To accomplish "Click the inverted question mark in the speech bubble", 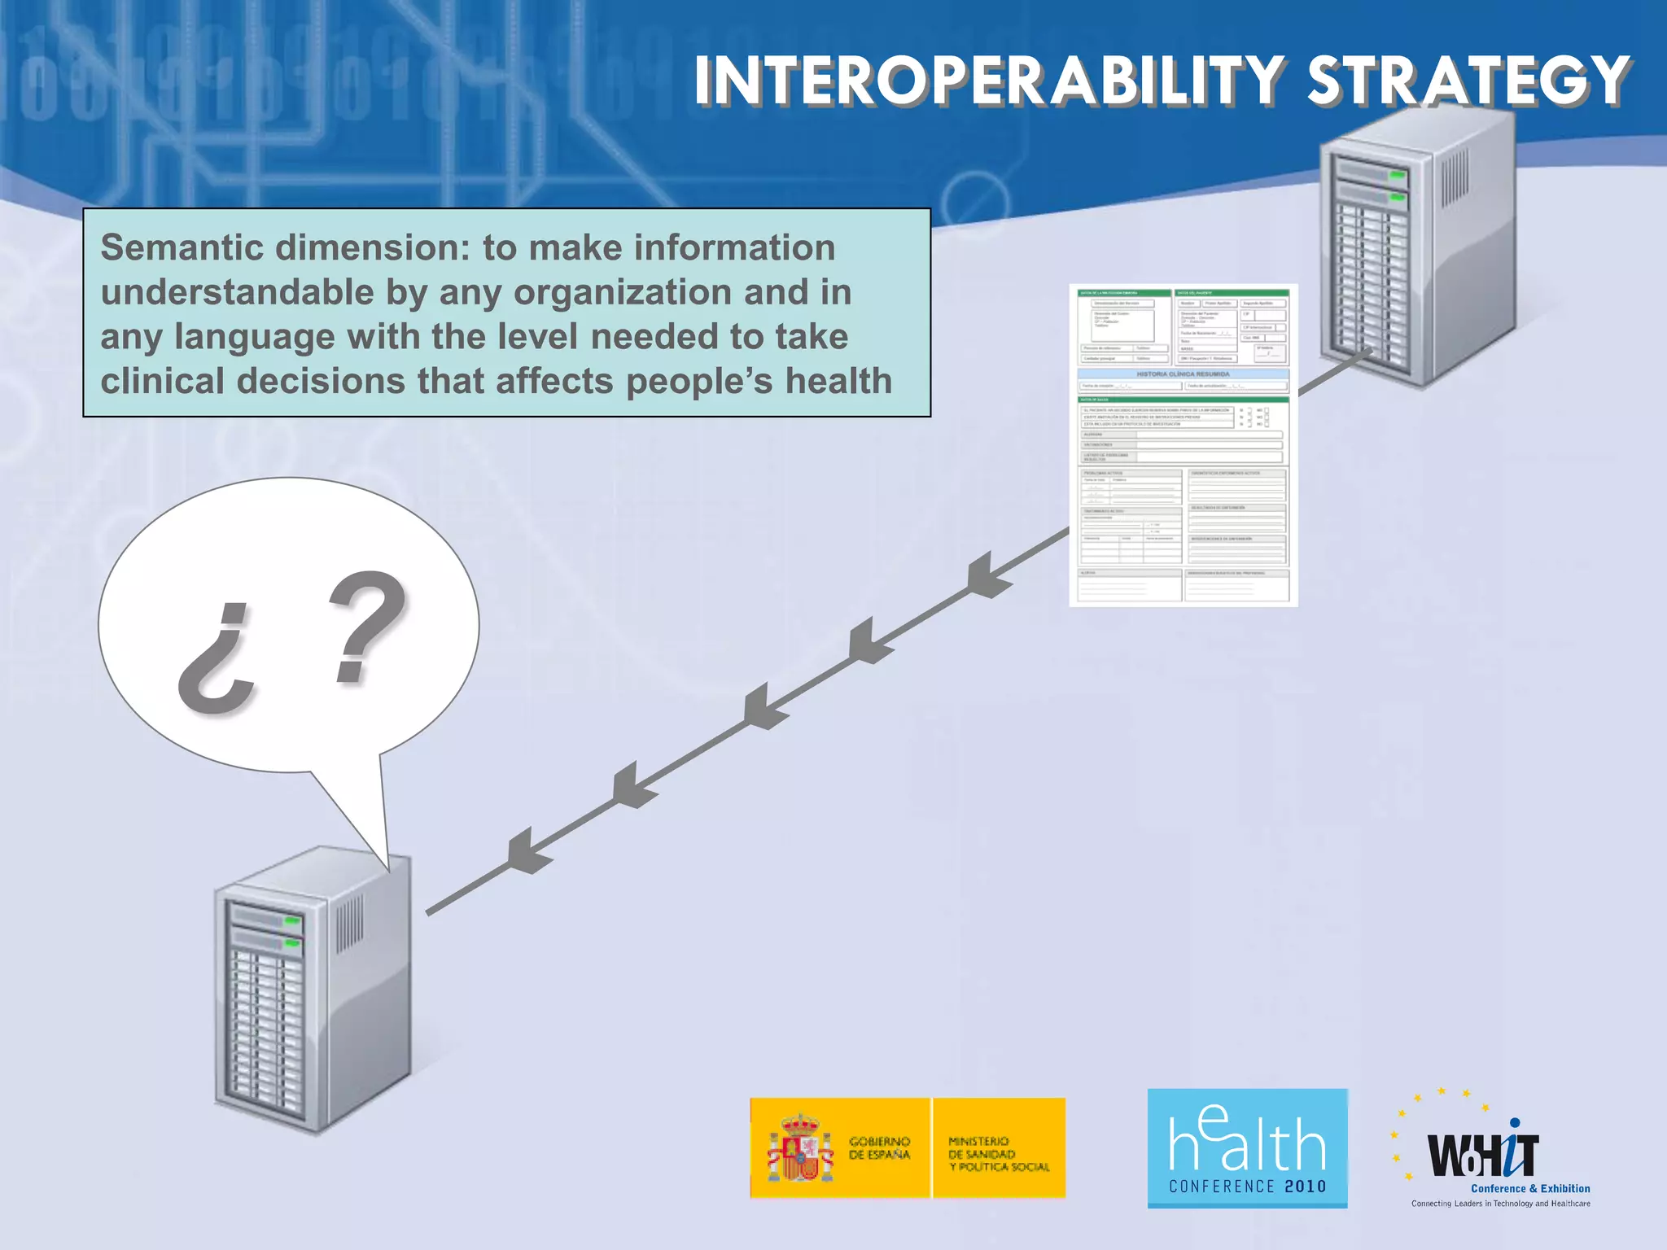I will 217,659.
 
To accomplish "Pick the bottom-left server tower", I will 313,989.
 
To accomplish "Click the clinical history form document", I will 1183,445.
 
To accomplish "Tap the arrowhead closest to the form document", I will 988,575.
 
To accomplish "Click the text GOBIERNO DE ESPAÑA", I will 879,1147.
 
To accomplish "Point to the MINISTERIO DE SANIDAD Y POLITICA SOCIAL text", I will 998,1154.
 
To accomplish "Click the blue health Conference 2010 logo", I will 1247,1147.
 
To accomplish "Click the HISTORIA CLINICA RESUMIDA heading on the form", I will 1183,374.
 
